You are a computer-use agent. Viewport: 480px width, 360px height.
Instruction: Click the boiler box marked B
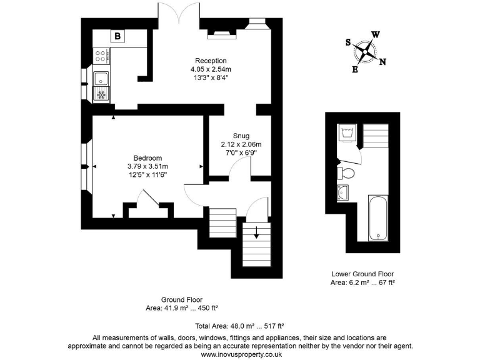pyautogui.click(x=117, y=37)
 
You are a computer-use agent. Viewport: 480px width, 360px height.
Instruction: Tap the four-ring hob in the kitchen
pyautogui.click(x=101, y=57)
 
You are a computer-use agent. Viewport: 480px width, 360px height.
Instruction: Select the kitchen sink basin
pyautogui.click(x=101, y=79)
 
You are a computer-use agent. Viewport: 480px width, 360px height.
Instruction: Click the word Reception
pyautogui.click(x=210, y=60)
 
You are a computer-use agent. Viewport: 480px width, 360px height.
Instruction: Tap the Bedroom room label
pyautogui.click(x=147, y=157)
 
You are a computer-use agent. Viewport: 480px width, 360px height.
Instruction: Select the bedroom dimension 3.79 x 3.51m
pyautogui.click(x=147, y=166)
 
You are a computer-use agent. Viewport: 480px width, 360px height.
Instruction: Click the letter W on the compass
pyautogui.click(x=375, y=34)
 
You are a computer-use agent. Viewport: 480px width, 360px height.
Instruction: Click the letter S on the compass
pyautogui.click(x=349, y=42)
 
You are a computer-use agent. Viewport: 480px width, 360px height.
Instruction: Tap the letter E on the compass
pyautogui.click(x=355, y=69)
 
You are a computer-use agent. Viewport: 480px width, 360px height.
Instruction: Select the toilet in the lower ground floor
pyautogui.click(x=347, y=172)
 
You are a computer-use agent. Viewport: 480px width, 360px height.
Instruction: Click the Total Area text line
pyautogui.click(x=240, y=326)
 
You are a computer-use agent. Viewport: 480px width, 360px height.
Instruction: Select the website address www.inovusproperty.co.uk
pyautogui.click(x=240, y=354)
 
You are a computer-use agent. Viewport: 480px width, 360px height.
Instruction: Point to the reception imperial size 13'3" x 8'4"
pyautogui.click(x=210, y=78)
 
